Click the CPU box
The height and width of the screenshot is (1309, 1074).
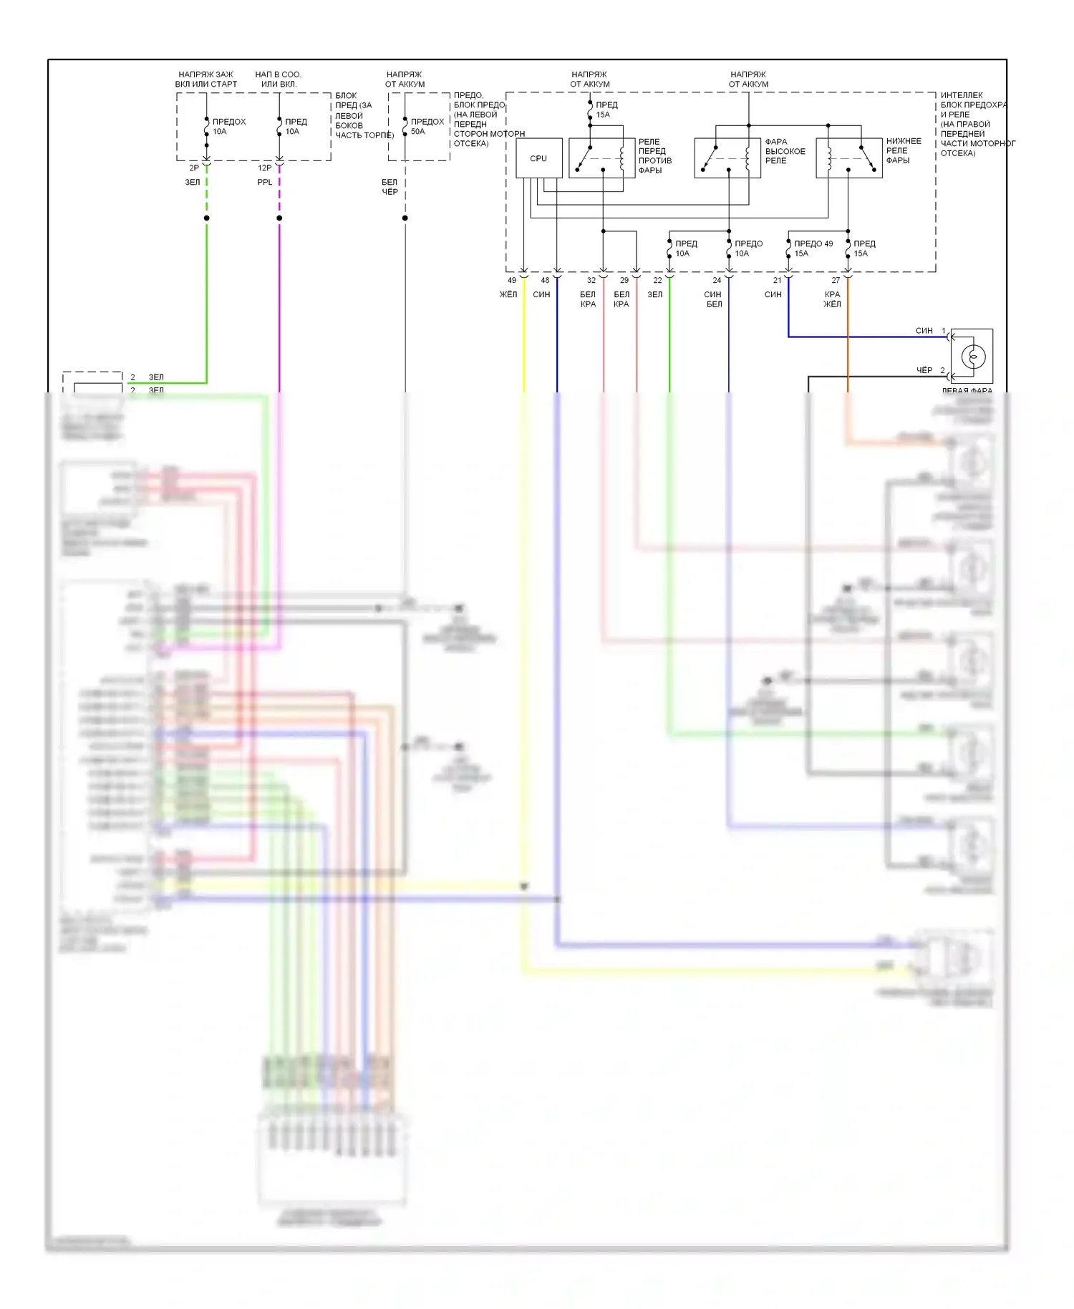tap(538, 158)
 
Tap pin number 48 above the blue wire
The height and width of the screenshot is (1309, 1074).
tap(545, 281)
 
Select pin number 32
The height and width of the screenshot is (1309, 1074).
tap(591, 281)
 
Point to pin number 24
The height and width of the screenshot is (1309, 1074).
tap(717, 281)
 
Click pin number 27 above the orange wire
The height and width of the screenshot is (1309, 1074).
tap(836, 281)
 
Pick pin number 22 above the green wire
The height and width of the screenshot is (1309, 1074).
tap(657, 281)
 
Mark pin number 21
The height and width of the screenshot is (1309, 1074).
tap(777, 281)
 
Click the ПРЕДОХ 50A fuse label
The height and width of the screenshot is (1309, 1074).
tap(427, 127)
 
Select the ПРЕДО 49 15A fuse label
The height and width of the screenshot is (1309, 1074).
tap(813, 248)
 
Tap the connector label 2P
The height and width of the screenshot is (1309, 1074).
tap(194, 168)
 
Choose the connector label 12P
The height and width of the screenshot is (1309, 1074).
tap(264, 168)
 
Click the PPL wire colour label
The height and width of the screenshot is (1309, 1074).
tap(265, 183)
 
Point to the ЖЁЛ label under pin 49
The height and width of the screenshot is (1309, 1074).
tap(508, 294)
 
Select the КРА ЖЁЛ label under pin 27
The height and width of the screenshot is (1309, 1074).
tap(832, 299)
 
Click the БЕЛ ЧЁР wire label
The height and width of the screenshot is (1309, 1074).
tap(390, 187)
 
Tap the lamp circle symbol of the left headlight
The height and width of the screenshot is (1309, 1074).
tap(974, 356)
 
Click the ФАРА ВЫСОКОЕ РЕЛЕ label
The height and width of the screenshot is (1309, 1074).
tap(785, 151)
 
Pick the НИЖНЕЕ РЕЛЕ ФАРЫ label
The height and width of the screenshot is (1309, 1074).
tap(903, 150)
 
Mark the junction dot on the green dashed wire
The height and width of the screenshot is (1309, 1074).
tap(207, 218)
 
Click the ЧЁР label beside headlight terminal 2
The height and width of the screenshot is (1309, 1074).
tap(924, 370)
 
